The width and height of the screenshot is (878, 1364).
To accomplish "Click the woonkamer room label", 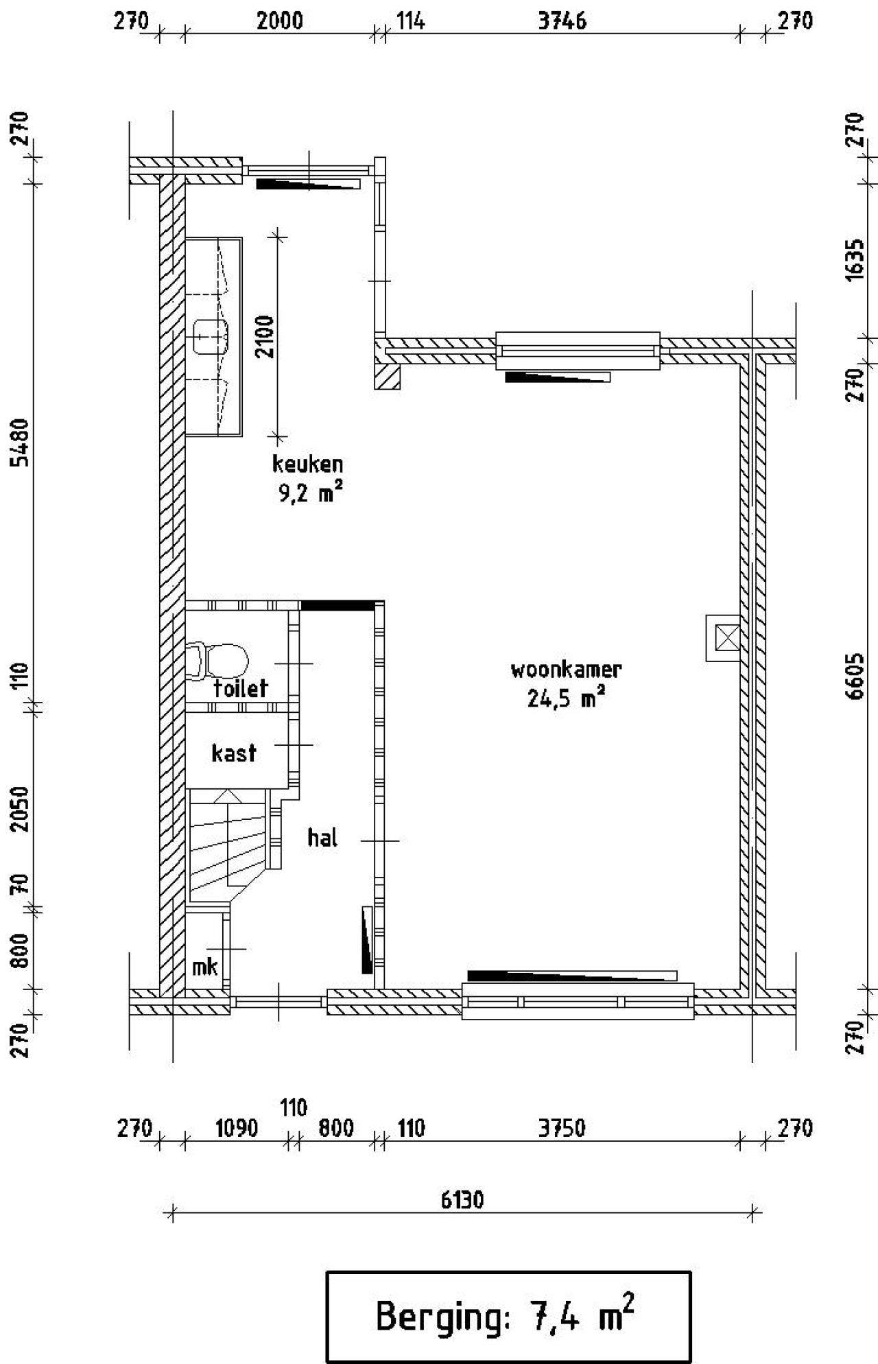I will click(x=566, y=670).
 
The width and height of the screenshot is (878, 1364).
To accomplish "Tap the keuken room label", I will click(x=307, y=465).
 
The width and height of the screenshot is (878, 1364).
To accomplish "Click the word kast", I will click(x=234, y=753).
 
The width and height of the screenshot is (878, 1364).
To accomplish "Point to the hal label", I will click(x=322, y=838).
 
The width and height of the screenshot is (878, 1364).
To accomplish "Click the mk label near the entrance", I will click(x=204, y=967).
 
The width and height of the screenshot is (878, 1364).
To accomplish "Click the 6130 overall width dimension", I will click(x=462, y=1199).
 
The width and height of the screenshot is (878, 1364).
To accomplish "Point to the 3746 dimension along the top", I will click(x=562, y=21).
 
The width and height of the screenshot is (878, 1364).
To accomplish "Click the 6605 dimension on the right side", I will click(x=856, y=676).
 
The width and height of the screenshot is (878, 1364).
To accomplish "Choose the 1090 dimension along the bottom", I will click(x=236, y=1128).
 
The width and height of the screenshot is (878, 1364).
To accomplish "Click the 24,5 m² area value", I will click(x=566, y=699).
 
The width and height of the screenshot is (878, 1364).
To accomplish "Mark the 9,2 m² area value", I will click(x=309, y=493).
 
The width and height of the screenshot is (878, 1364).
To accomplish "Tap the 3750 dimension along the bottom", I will click(x=562, y=1128).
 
